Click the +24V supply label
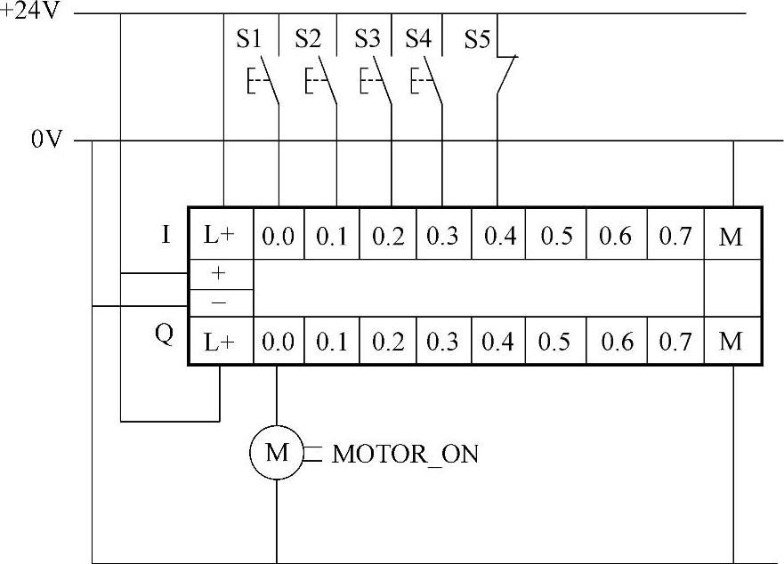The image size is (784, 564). click(28, 14)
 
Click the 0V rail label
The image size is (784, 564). click(45, 140)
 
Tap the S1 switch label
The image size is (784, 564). click(249, 39)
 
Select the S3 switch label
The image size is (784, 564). click(367, 39)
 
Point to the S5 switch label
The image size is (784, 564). click(477, 39)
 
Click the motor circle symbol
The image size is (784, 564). click(277, 453)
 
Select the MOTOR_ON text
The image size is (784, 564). click(405, 455)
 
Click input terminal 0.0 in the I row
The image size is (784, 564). click(279, 236)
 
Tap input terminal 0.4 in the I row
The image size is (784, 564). click(499, 236)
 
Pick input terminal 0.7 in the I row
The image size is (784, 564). click(675, 236)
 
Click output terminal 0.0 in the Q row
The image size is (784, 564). click(279, 342)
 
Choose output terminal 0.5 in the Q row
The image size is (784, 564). click(554, 342)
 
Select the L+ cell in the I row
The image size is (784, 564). click(220, 236)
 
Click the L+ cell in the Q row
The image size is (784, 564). click(220, 342)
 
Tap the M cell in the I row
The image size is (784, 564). click(731, 236)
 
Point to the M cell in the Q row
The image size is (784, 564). click(731, 342)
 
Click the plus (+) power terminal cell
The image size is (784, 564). click(220, 274)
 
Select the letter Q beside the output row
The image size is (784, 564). click(165, 337)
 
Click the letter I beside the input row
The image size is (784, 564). click(166, 235)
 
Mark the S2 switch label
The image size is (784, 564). click(308, 39)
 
